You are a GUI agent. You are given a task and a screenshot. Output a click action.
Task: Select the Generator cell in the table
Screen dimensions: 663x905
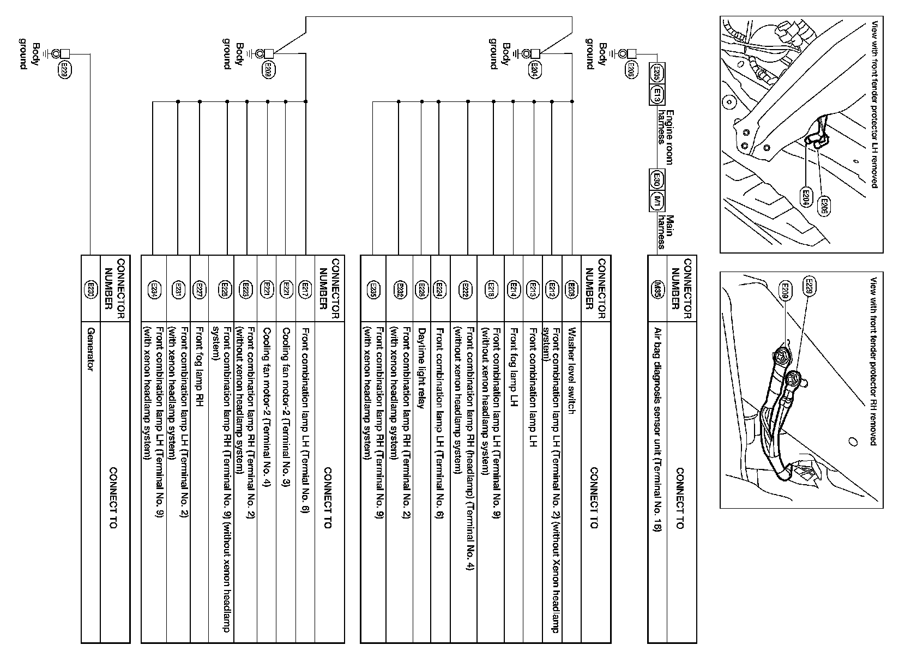click(x=90, y=348)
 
